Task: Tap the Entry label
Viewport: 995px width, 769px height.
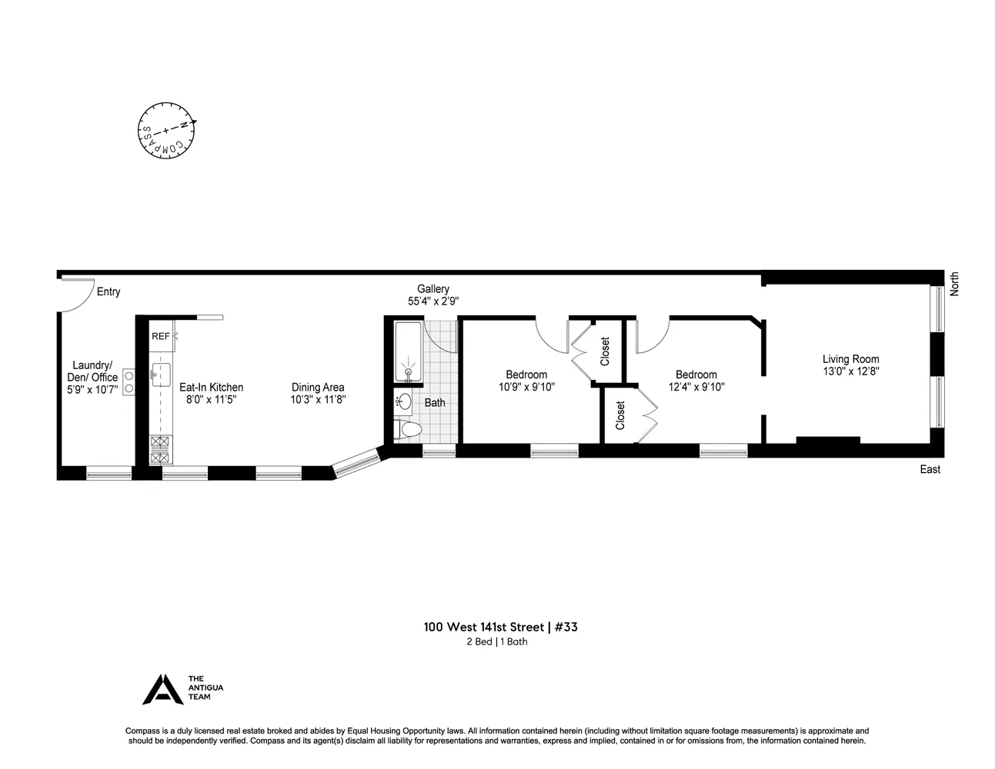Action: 109,291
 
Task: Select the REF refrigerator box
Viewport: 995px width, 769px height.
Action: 161,336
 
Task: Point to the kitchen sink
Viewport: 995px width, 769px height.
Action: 162,375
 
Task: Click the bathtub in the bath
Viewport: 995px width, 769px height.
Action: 407,352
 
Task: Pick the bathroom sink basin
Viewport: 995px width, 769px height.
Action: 405,401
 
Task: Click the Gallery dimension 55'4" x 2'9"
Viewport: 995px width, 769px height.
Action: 433,302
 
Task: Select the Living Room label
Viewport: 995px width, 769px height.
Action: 850,358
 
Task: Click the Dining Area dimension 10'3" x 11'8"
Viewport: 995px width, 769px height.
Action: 318,400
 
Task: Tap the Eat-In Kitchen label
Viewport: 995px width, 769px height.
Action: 211,388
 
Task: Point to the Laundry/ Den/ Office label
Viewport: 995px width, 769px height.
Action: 92,371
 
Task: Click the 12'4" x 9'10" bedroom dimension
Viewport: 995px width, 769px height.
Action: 696,388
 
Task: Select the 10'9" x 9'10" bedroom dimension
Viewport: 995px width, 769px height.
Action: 526,388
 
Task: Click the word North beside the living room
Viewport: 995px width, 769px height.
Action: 954,284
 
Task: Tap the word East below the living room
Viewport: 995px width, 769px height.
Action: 930,469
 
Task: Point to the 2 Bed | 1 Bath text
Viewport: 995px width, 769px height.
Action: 496,642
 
